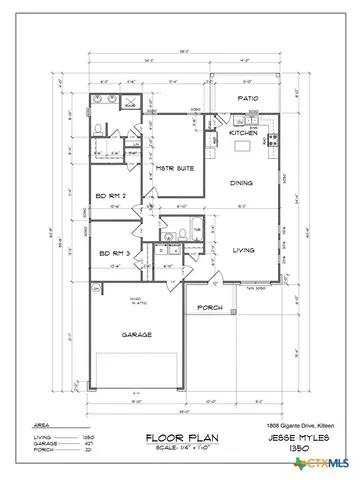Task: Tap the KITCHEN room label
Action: pos(243,132)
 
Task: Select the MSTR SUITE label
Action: pos(175,168)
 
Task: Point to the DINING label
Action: pos(241,183)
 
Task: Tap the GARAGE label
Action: pos(136,336)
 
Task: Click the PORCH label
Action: pos(209,307)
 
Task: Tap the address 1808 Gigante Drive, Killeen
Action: pos(296,426)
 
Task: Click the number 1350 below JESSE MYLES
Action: pos(297,449)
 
